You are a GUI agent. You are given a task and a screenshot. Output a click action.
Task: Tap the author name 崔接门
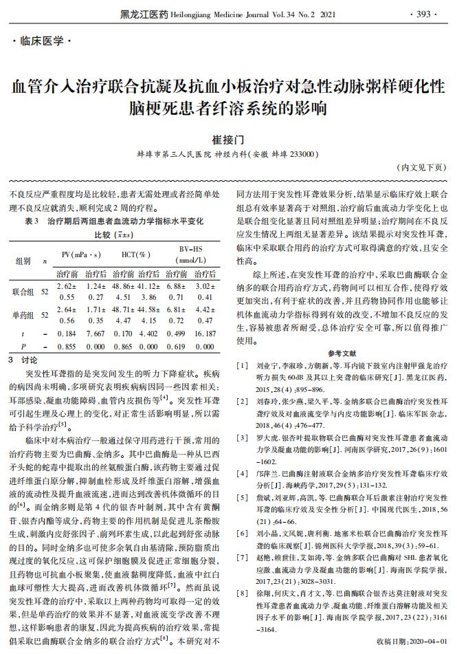pos(229,138)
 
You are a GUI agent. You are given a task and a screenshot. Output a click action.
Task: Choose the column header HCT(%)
pos(135,254)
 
